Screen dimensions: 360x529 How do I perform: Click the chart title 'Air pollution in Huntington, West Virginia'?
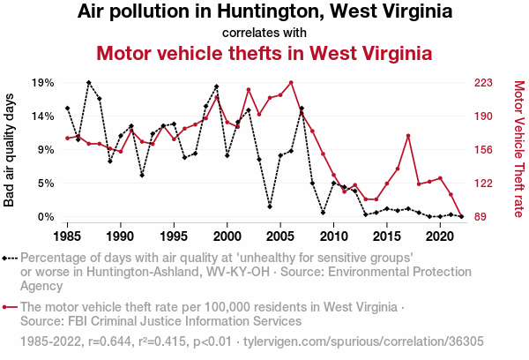(264, 12)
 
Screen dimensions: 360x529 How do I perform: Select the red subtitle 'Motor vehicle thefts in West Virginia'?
(264, 52)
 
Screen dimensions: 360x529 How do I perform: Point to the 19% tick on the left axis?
(43, 83)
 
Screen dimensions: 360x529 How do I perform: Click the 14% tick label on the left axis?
(43, 116)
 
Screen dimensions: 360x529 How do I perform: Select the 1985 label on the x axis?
(68, 236)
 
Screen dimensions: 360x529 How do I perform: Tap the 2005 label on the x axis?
(280, 236)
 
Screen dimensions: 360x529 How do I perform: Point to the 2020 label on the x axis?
(440, 236)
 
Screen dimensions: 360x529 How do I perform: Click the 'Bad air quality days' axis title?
(11, 150)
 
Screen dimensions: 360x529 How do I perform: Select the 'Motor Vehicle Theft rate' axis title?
(518, 150)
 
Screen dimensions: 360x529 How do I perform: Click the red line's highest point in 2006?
(291, 83)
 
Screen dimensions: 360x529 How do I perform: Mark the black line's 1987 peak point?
(89, 82)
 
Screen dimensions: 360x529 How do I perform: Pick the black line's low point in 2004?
(270, 206)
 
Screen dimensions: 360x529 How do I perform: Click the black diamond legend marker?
(10, 259)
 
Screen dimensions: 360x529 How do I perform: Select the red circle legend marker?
(10, 307)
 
